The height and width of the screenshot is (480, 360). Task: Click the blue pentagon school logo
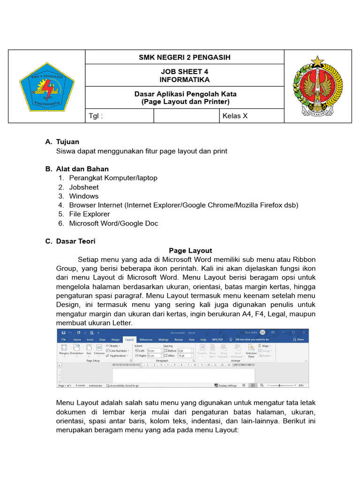pos(46,87)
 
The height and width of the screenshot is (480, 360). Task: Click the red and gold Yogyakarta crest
pos(317,87)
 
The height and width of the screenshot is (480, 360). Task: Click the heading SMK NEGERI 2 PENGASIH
pos(185,58)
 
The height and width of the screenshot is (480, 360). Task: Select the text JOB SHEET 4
pos(185,72)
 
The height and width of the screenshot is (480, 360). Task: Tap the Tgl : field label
pos(96,116)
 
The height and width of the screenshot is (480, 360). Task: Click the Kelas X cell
pos(235,116)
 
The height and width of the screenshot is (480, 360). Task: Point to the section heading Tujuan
pos(67,142)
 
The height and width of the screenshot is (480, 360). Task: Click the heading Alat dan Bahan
pos(82,169)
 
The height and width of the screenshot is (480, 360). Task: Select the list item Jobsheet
pos(84,187)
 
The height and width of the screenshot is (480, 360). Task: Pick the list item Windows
pos(84,196)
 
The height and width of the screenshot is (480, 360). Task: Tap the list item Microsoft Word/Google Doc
pos(113,223)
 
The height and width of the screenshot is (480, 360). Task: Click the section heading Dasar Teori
pos(75,241)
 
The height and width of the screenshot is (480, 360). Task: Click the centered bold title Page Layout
pos(190,250)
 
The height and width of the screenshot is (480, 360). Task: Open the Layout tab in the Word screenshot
pos(129,339)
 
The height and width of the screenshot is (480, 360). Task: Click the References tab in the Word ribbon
pos(146,339)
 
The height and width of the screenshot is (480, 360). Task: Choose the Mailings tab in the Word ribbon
pos(163,339)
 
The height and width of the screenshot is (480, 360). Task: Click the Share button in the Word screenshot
pos(299,339)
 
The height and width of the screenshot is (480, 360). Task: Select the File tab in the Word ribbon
pos(63,339)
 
